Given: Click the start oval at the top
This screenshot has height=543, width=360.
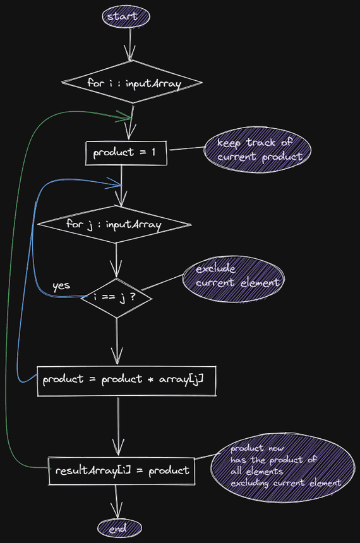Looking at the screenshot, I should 126,16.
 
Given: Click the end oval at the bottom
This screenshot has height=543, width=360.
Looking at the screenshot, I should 119,527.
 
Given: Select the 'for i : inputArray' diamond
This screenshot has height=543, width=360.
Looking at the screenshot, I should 131,83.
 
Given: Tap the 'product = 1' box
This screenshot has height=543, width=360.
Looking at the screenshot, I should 126,153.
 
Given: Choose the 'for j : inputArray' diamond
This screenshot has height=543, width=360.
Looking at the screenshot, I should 114,224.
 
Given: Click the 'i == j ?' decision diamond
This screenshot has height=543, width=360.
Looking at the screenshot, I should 116,296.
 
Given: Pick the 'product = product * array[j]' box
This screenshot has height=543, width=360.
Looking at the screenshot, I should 126,380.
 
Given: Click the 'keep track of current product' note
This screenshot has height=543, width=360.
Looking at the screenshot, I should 258,150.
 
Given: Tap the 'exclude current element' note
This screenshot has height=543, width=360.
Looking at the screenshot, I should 232,277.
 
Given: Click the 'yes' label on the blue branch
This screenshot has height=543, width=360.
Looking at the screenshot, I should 61,286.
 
